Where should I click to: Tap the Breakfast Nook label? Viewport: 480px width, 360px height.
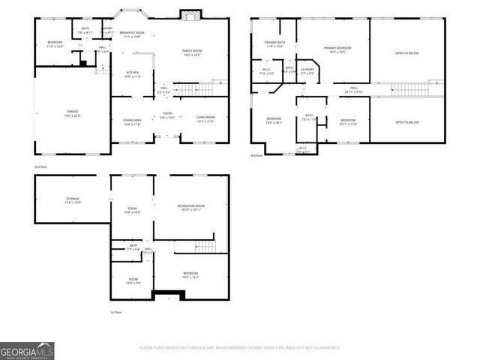tap(133, 34)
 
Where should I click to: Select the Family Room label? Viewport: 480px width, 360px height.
tap(191, 52)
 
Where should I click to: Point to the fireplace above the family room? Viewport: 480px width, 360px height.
tap(190, 15)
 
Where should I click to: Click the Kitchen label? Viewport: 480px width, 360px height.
tap(131, 74)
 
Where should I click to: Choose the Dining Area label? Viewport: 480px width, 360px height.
tap(132, 122)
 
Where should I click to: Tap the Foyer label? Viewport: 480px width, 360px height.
tap(166, 115)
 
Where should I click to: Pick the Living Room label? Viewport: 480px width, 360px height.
tap(205, 118)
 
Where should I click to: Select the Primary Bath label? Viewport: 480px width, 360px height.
tap(274, 44)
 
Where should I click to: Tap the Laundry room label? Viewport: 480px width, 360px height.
tap(307, 70)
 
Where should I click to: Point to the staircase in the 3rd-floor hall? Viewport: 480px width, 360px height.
tap(407, 90)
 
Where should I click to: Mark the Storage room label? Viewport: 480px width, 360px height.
tap(72, 200)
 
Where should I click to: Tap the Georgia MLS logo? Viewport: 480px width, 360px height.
tap(26, 350)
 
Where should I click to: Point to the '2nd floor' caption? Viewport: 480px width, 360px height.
tap(40, 166)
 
